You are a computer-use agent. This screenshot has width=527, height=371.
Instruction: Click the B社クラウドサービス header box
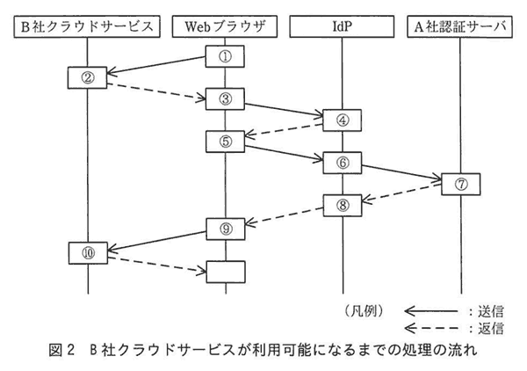[87, 26]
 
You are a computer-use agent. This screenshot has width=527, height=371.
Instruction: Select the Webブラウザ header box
[225, 26]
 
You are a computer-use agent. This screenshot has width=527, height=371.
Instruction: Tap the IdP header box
[342, 26]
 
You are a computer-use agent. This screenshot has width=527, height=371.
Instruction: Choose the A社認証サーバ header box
[459, 26]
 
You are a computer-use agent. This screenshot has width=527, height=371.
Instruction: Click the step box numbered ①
[225, 56]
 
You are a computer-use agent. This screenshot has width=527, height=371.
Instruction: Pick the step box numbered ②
[87, 77]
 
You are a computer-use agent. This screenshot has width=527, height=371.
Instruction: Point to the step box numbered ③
[225, 98]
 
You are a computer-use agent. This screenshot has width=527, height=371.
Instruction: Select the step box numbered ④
[343, 120]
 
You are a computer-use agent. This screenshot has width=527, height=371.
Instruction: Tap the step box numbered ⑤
[225, 142]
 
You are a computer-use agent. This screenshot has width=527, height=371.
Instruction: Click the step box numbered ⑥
[343, 163]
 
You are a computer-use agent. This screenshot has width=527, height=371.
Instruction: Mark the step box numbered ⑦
[461, 184]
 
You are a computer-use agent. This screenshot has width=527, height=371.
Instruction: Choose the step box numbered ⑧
[343, 205]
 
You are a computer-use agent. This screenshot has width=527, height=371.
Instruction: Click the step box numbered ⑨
[226, 229]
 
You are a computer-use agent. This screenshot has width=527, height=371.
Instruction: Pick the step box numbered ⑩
[88, 253]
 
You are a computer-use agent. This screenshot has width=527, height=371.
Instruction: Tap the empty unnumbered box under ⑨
[226, 272]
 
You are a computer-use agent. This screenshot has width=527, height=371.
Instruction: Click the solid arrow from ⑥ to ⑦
[401, 172]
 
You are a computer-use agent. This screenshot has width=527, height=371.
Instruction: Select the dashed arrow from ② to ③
[156, 91]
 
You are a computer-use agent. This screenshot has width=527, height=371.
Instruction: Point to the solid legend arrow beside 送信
[431, 311]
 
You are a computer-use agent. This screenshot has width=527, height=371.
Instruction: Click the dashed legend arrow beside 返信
[431, 328]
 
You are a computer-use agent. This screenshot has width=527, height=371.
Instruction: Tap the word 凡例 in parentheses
[364, 311]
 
